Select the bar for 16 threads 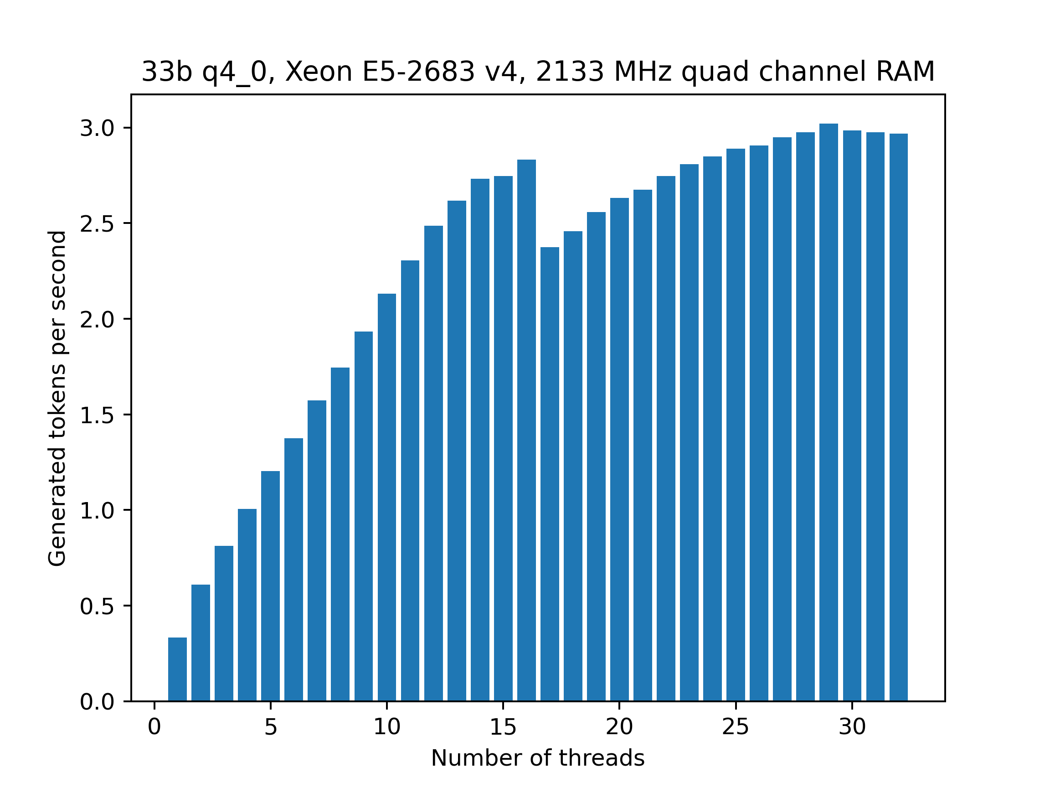(x=526, y=430)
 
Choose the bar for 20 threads (x=619, y=449)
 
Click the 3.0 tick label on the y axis (x=97, y=128)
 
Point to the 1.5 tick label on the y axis (x=97, y=415)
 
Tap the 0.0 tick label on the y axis (x=97, y=702)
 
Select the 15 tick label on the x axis (x=503, y=727)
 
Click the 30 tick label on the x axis (x=852, y=727)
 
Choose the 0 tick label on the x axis (x=154, y=727)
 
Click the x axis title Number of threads (x=538, y=758)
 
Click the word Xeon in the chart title (x=318, y=72)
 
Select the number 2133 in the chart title (x=570, y=72)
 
